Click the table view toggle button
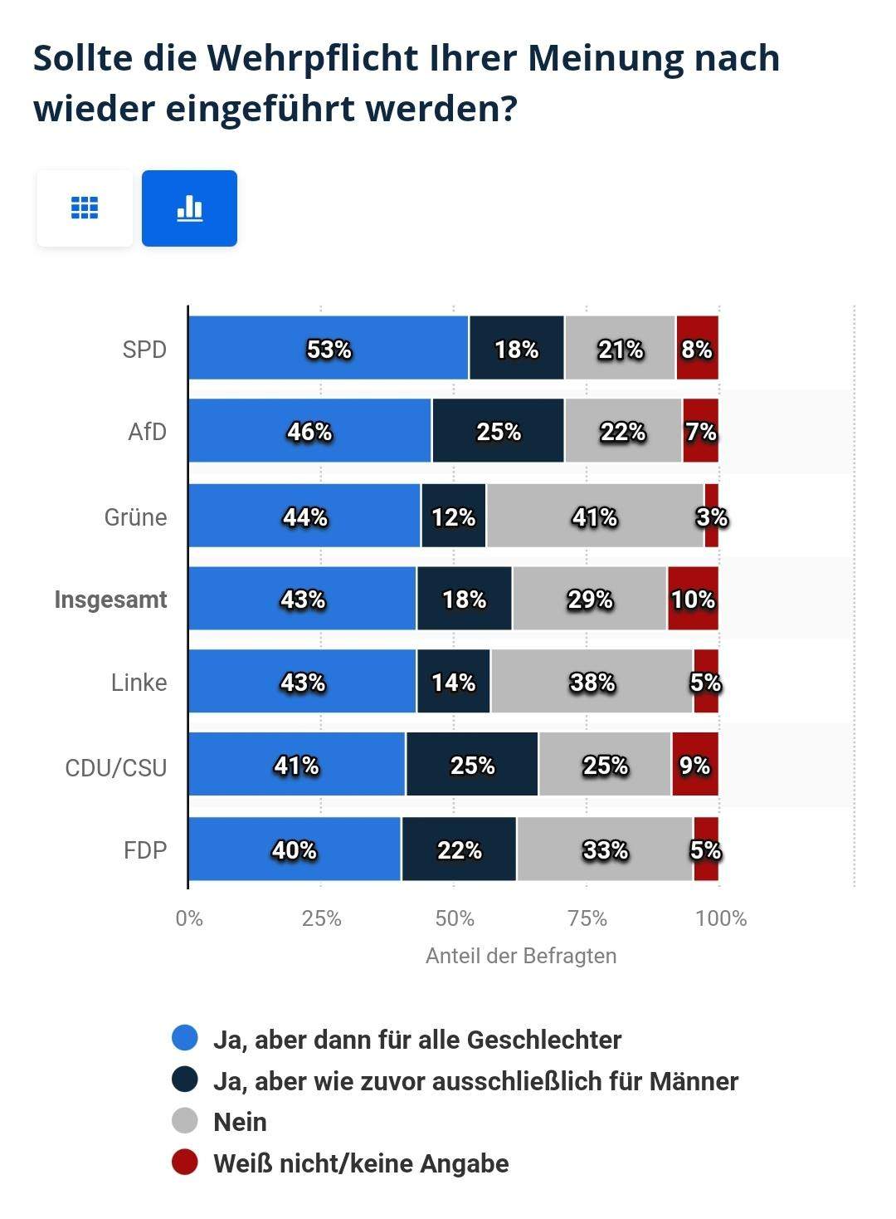85,208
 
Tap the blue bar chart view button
189,208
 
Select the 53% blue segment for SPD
329,349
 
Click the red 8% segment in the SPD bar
697,349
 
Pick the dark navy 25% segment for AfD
498,431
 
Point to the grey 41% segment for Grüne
594,516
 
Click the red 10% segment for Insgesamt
693,599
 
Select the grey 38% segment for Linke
592,682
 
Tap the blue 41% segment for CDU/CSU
297,765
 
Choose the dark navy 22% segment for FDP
459,849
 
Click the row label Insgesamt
110,600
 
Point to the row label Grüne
135,517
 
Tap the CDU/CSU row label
115,767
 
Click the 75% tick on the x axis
587,918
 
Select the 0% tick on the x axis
189,918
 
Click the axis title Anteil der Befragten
521,956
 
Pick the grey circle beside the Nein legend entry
185,1121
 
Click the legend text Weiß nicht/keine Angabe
361,1163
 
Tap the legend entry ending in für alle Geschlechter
417,1040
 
